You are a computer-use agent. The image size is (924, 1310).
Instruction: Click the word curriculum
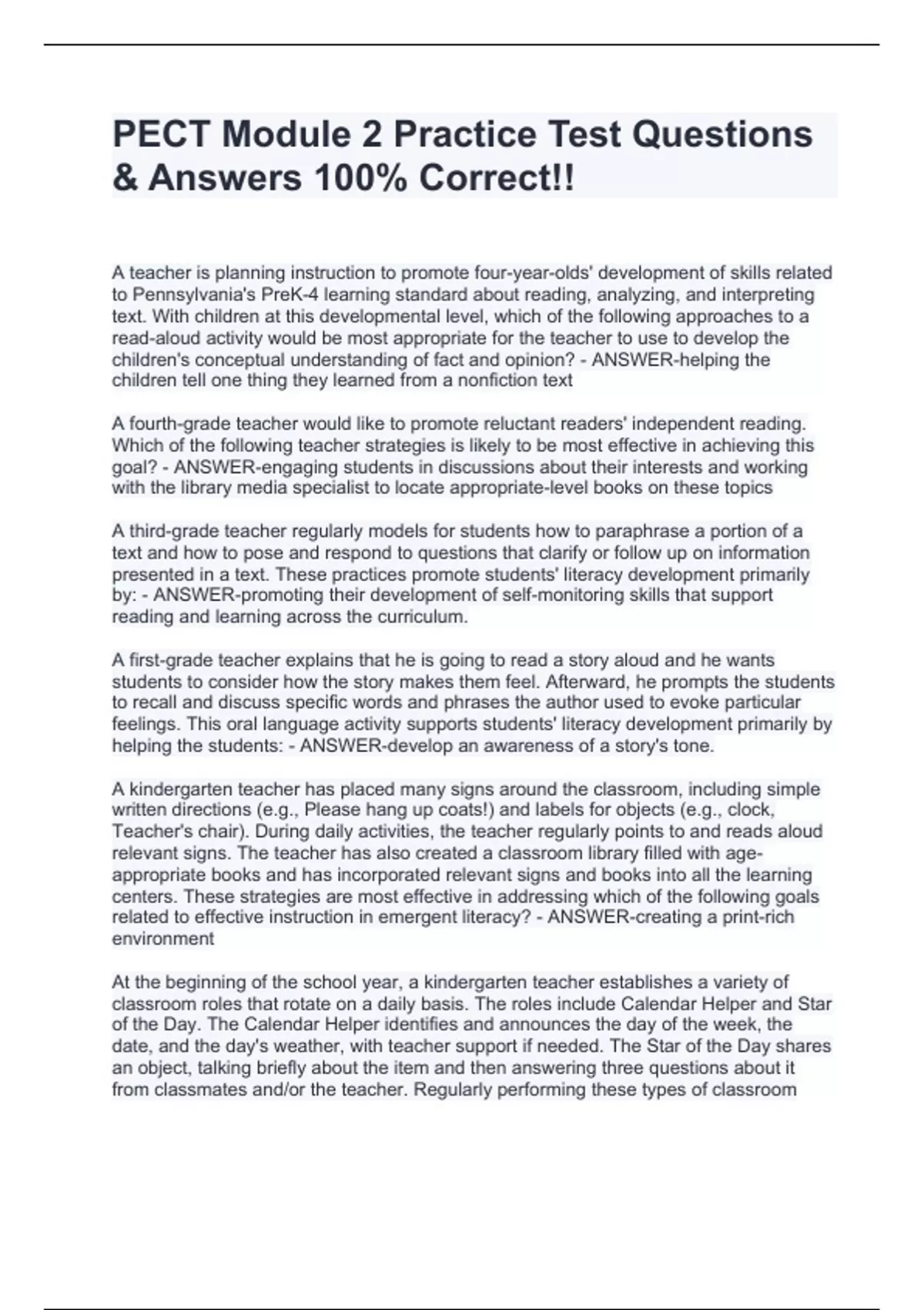pos(427,617)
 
